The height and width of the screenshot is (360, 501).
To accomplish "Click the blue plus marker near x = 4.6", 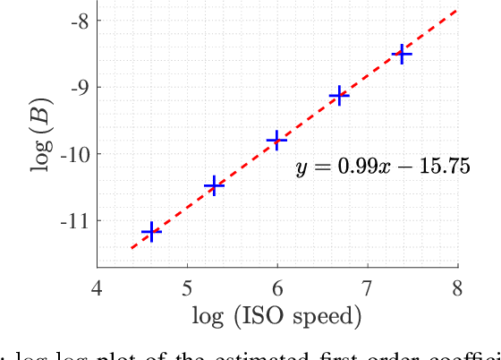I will click(x=151, y=233).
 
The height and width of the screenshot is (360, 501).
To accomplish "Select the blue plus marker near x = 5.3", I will click(x=214, y=186).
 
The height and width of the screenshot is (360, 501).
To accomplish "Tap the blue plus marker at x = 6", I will click(x=277, y=140).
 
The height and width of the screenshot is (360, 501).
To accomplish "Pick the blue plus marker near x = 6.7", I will click(x=339, y=96).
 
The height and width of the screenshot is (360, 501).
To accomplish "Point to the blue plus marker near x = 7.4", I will click(x=403, y=55).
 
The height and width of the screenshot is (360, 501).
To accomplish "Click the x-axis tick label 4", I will click(x=97, y=287).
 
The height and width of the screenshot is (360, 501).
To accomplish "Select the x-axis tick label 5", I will click(x=187, y=287).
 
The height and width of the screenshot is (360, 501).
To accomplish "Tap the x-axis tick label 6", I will click(x=277, y=287).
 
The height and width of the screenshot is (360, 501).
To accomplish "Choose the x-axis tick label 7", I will click(x=368, y=287).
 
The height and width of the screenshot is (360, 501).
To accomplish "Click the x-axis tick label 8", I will click(x=458, y=287).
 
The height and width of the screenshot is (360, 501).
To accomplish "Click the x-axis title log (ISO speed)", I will click(x=276, y=317).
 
